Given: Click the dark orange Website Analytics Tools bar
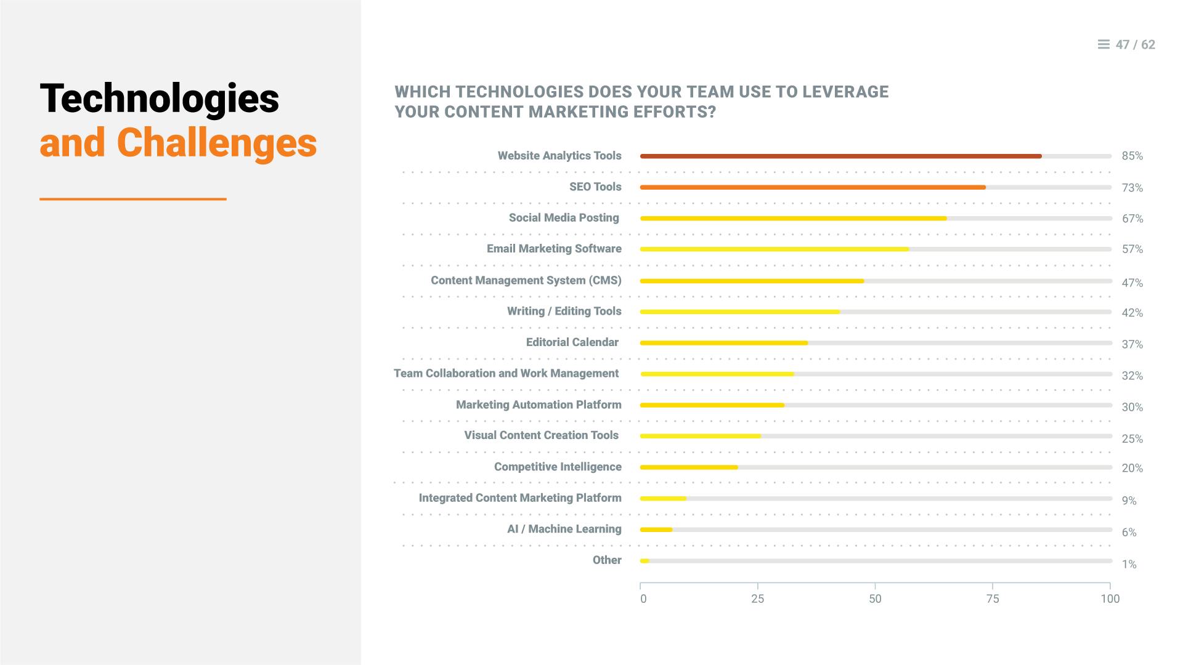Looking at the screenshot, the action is click(x=841, y=156).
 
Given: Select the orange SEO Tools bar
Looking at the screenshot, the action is click(x=813, y=187).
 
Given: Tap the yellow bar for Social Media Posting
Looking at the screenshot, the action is click(x=794, y=219).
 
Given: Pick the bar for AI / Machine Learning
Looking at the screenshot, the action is click(x=656, y=530).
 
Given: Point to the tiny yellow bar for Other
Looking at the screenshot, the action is click(x=644, y=561).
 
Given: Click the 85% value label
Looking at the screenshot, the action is click(x=1132, y=156).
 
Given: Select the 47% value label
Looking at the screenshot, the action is click(x=1132, y=283).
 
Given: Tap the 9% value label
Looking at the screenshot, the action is click(x=1129, y=501).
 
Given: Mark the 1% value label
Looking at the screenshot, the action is click(x=1129, y=565).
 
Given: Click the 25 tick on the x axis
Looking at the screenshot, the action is click(x=757, y=599).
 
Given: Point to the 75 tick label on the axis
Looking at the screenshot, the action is click(x=993, y=599).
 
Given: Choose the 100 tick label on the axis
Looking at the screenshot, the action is click(x=1110, y=599).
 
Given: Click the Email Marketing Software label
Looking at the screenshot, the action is click(x=554, y=249).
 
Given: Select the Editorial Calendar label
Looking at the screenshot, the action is click(x=572, y=342).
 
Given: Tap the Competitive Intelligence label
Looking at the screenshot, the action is click(x=558, y=467).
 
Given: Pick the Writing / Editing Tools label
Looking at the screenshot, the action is click(x=564, y=312).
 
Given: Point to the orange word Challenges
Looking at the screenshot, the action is click(x=217, y=143).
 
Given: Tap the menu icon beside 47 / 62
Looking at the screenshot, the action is click(x=1104, y=44).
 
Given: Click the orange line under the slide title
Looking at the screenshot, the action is click(x=133, y=199).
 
